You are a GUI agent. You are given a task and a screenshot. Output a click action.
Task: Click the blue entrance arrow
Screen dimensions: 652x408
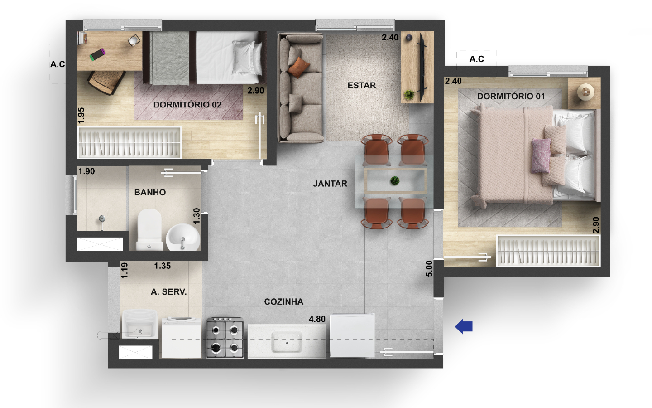pos(464,326)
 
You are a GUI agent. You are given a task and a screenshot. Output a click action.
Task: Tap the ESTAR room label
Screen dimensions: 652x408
pos(362,85)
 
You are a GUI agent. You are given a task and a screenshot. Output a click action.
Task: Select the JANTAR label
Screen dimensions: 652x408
pos(330,184)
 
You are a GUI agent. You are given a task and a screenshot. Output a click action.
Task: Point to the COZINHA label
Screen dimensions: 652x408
pos(284,301)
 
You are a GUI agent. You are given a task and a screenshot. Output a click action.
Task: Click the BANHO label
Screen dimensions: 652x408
pos(150,192)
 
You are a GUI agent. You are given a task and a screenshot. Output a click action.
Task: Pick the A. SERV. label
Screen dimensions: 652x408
pos(169,292)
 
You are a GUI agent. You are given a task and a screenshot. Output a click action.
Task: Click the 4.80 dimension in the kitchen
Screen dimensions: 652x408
pos(317,319)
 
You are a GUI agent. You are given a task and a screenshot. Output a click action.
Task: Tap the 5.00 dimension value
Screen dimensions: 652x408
pos(429,268)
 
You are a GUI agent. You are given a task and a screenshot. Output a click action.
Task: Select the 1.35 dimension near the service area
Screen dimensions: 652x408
pos(163,266)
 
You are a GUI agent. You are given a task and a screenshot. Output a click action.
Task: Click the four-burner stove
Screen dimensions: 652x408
pos(225,338)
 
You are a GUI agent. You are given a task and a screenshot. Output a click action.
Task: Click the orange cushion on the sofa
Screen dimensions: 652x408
pos(299,67)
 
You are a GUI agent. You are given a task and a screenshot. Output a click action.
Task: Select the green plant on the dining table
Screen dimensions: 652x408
pos(395,181)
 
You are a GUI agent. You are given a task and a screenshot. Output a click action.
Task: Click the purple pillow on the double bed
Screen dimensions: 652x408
pos(541,156)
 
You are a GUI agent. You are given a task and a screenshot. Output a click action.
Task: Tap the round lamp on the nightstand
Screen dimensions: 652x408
pos(585,92)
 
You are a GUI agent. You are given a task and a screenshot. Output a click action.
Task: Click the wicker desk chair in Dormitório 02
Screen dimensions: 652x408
pos(106,82)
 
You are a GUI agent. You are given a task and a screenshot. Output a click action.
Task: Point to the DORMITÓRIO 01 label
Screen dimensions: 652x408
pos(511,96)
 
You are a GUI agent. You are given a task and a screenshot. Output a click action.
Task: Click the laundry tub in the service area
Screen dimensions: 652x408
pos(140,324)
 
